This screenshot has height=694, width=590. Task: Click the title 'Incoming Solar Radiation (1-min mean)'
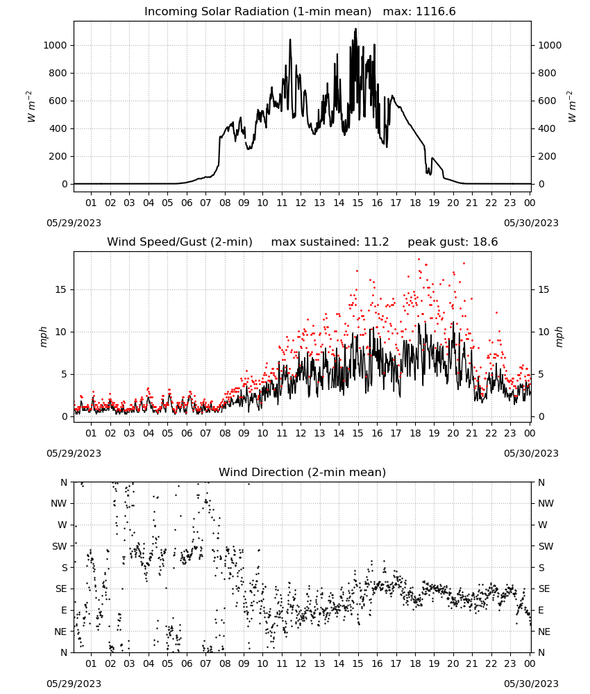pyautogui.click(x=258, y=12)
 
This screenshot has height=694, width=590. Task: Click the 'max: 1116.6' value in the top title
pyautogui.click(x=419, y=12)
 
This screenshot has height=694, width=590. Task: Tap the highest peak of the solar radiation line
pyautogui.click(x=355, y=29)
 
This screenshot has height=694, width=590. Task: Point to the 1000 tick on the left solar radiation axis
pyautogui.click(x=55, y=45)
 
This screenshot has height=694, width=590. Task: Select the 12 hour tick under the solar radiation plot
pyautogui.click(x=301, y=203)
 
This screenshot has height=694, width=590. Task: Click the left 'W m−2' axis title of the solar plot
pyautogui.click(x=30, y=107)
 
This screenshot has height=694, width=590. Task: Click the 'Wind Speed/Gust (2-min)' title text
pyautogui.click(x=180, y=242)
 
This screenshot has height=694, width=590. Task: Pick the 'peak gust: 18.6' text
pyautogui.click(x=453, y=242)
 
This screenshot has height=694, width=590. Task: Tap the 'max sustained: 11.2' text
pyautogui.click(x=330, y=242)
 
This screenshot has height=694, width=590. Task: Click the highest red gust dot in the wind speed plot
pyautogui.click(x=419, y=260)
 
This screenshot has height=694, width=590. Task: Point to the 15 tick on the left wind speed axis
pyautogui.click(x=61, y=289)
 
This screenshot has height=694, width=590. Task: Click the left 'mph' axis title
pyautogui.click(x=43, y=337)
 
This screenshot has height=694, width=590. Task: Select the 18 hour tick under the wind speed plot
pyautogui.click(x=415, y=433)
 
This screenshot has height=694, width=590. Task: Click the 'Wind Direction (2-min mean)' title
pyautogui.click(x=303, y=472)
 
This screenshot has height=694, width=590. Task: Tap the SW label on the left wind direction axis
pyautogui.click(x=60, y=546)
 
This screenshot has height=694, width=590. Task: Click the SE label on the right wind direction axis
pyautogui.click(x=544, y=589)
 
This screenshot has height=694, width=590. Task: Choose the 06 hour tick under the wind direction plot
pyautogui.click(x=187, y=663)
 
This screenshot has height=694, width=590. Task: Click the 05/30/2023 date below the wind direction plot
pyautogui.click(x=531, y=684)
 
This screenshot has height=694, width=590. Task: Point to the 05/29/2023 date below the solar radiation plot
pyautogui.click(x=74, y=223)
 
